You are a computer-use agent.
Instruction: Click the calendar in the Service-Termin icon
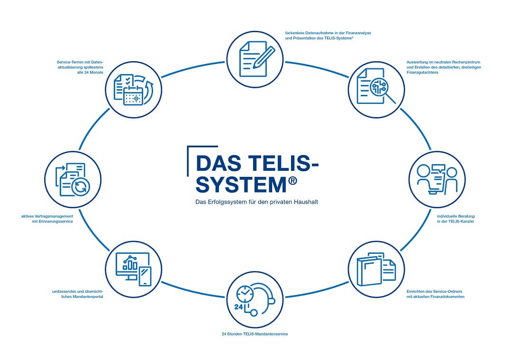pyautogui.click(x=133, y=95)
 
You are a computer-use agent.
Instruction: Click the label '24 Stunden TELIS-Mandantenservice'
pyautogui.click(x=255, y=334)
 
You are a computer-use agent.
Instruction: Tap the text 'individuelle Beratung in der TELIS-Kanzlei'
pyautogui.click(x=455, y=219)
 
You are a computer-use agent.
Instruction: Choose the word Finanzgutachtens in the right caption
pyautogui.click(x=422, y=73)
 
